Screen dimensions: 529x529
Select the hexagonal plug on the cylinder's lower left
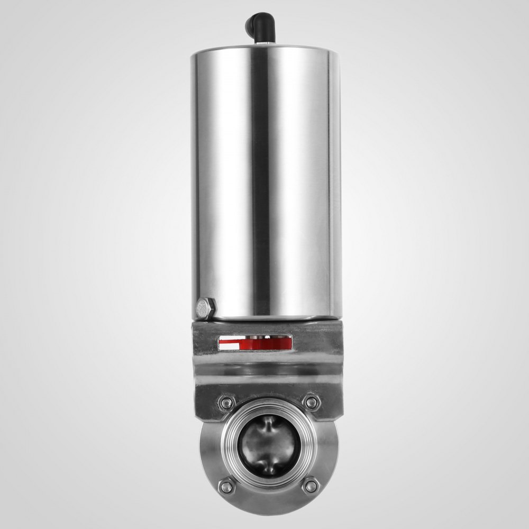click(x=205, y=308)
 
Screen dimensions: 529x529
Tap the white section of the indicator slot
click(x=228, y=344)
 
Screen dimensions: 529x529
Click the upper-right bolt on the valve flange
click(x=312, y=403)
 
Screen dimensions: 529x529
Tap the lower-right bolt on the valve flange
click(x=311, y=485)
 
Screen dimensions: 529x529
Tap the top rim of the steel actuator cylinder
click(x=265, y=48)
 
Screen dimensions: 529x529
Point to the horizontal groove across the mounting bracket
click(x=267, y=372)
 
